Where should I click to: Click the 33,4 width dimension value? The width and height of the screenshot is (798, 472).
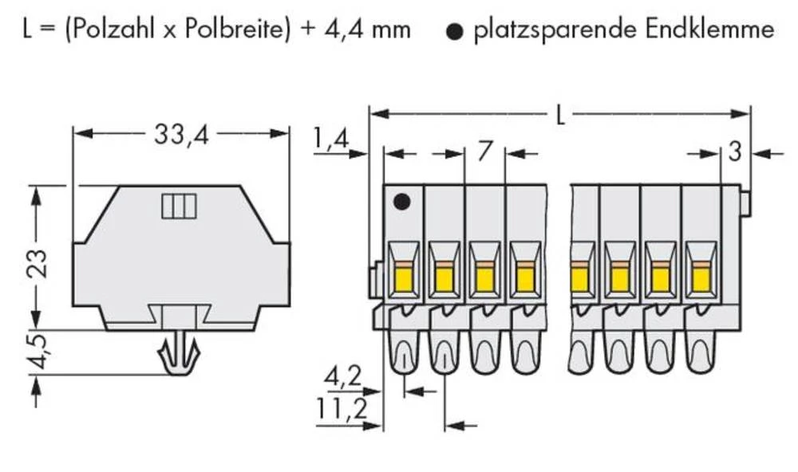pyautogui.click(x=181, y=136)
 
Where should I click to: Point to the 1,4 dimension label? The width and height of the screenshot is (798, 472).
pyautogui.click(x=331, y=140)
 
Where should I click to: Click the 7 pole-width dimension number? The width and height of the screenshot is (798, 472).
pyautogui.click(x=484, y=151)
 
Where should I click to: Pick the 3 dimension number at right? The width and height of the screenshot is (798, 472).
pyautogui.click(x=734, y=151)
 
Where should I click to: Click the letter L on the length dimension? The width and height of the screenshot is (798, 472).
pyautogui.click(x=561, y=116)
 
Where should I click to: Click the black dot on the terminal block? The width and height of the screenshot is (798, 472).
pyautogui.click(x=401, y=203)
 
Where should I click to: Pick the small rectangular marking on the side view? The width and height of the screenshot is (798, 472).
pyautogui.click(x=179, y=206)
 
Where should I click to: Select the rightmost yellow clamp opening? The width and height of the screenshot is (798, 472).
pyautogui.click(x=701, y=279)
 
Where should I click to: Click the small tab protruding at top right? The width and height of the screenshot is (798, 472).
pyautogui.click(x=745, y=203)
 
